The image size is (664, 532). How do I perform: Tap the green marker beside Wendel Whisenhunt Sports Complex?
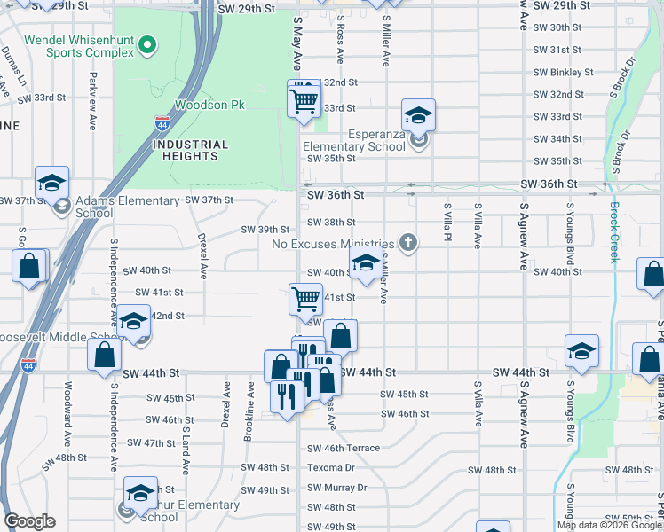[149, 45]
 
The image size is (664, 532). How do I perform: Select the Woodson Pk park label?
[209, 105]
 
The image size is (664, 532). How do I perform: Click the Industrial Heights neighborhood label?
[190, 150]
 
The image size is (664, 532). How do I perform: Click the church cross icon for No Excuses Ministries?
[408, 242]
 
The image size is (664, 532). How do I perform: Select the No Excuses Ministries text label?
[332, 244]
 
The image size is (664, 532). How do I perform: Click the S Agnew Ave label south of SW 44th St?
[525, 413]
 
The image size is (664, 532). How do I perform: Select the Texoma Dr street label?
[330, 467]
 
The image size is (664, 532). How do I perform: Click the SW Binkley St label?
[563, 72]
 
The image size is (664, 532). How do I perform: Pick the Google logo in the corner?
[29, 521]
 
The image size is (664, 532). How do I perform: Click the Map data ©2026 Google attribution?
[608, 525]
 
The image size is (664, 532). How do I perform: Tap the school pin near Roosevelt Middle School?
[134, 324]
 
